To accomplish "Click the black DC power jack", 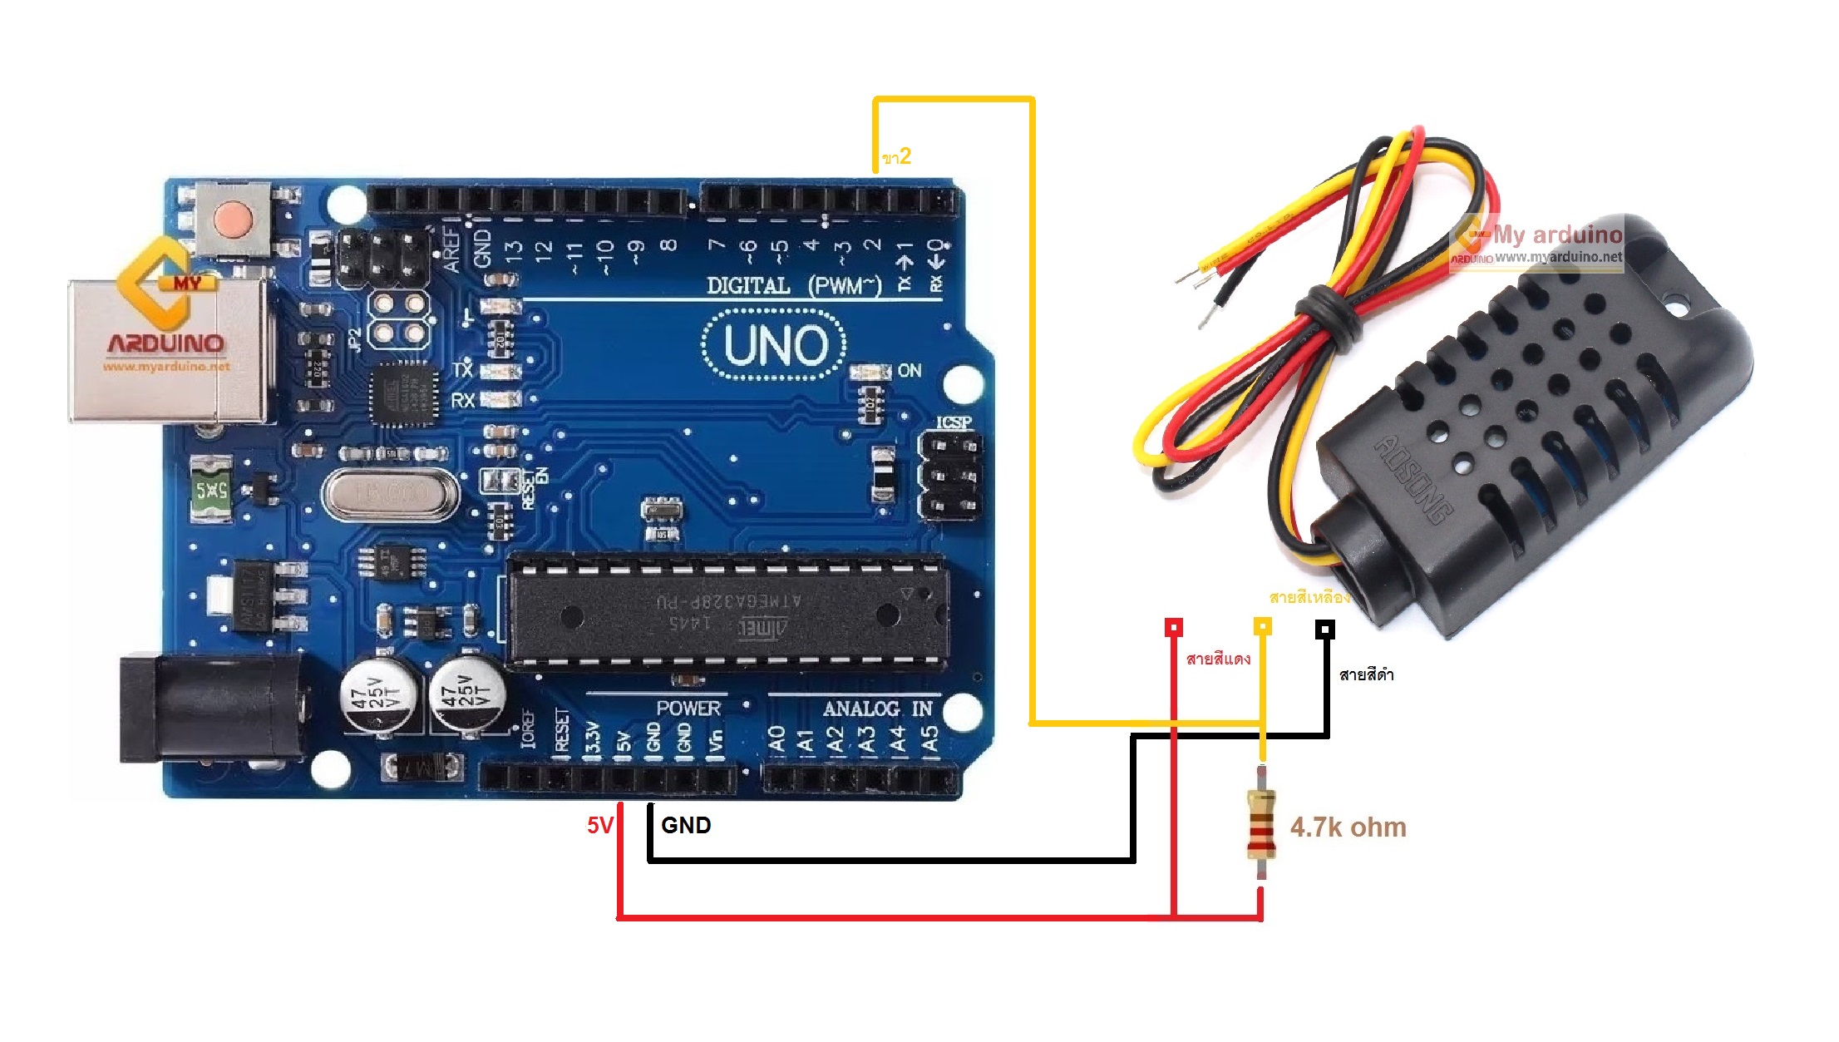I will click(208, 709).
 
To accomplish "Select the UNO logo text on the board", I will click(775, 346).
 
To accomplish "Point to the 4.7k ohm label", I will click(1348, 827).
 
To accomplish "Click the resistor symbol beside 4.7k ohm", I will click(1261, 824).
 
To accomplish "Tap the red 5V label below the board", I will click(599, 826).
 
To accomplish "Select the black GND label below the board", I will click(686, 826).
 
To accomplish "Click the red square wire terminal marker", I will click(1173, 627).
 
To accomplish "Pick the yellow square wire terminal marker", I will click(1262, 626).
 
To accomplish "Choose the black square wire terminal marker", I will click(1325, 630).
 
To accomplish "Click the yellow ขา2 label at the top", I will click(896, 156).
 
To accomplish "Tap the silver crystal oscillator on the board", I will click(389, 494).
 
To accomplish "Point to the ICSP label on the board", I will click(954, 422).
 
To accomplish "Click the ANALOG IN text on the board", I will click(877, 709).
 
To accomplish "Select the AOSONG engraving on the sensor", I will click(1413, 480).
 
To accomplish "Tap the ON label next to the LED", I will click(910, 370).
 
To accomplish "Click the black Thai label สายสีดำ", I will click(1366, 674).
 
